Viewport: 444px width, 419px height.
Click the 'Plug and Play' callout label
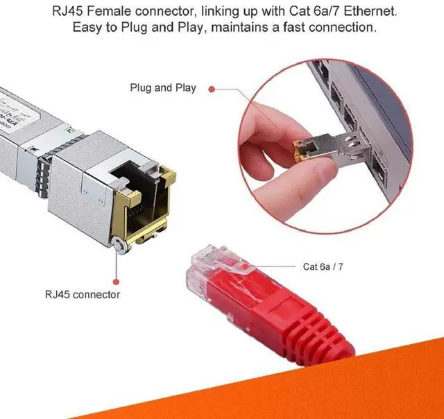click(x=163, y=88)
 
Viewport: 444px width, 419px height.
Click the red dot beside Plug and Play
click(x=212, y=89)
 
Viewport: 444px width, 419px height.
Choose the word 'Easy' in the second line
click(x=87, y=28)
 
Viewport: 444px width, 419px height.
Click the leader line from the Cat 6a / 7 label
click(x=274, y=265)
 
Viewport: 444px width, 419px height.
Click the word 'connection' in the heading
click(x=339, y=28)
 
